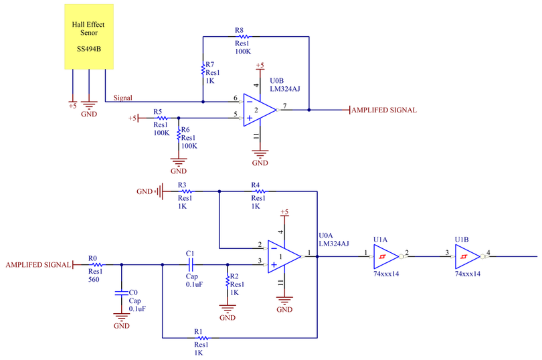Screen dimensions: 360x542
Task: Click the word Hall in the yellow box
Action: (x=79, y=25)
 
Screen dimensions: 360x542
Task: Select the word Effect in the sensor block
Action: (x=96, y=25)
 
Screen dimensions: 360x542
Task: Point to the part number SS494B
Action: (x=89, y=49)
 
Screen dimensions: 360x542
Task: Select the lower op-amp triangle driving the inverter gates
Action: (x=284, y=256)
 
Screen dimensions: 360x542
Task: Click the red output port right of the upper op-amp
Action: (x=381, y=110)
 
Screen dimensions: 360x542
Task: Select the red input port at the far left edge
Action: (x=40, y=264)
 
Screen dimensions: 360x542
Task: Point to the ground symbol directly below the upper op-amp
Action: (x=260, y=156)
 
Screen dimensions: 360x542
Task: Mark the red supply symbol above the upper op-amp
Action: (x=260, y=67)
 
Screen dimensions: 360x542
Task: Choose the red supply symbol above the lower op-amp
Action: (x=284, y=214)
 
